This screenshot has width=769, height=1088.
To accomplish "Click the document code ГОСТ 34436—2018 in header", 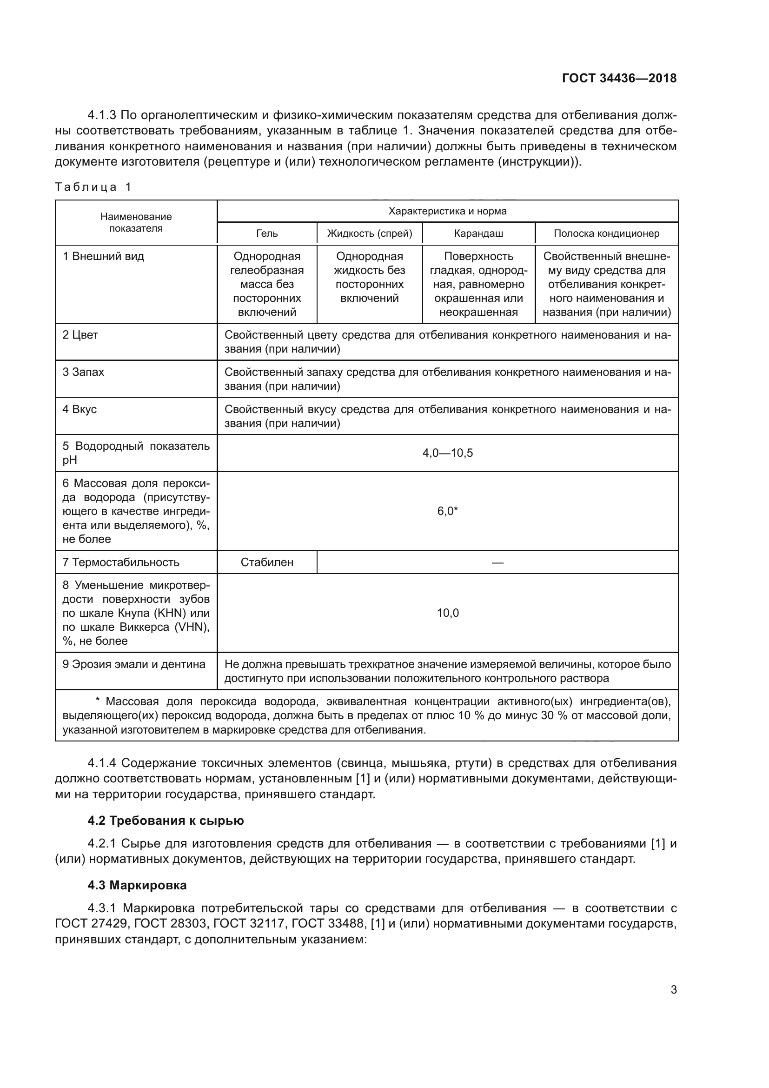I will pos(619,79).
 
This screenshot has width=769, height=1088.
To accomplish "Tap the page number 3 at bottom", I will pos(673,989).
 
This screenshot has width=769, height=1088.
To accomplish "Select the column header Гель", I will pos(266,234).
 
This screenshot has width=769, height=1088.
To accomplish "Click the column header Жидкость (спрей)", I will pos(369,234).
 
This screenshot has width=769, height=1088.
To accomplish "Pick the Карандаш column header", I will pos(478,234).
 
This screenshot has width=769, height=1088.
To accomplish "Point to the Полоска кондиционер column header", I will pos(606,234).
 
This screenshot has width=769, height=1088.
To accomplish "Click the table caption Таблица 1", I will pos(93,187).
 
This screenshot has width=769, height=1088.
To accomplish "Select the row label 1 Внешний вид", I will pos(103,256).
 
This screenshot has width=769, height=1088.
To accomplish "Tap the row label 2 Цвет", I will pos(80,335).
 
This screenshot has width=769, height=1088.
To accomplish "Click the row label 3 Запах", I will pos(83,372).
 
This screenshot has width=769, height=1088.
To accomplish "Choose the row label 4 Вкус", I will pos(80,409).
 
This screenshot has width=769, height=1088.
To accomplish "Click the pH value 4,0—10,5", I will pos(447,453).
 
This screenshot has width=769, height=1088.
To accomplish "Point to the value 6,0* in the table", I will pos(447,511).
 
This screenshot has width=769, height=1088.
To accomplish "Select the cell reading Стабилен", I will pos(266,562).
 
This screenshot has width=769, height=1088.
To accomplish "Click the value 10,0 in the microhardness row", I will pos(447,613).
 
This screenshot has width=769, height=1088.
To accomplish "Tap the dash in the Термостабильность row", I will pos(497,562).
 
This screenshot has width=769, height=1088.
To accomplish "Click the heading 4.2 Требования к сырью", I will pos(165,820).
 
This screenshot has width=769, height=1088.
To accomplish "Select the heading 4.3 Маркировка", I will pos(137,885).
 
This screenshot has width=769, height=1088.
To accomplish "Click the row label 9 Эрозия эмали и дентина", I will pos(134,664).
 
